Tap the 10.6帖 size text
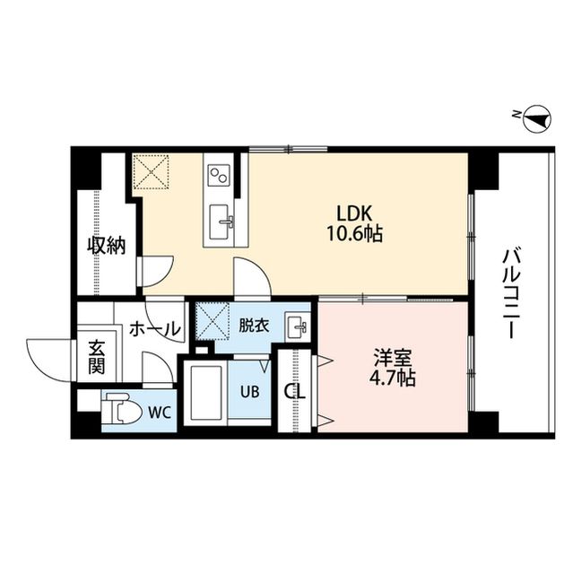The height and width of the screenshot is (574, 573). coord(359,234)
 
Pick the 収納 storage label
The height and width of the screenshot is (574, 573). coord(106,246)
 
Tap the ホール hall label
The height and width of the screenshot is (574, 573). coord(154,330)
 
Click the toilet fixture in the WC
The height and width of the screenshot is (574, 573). coord(121,411)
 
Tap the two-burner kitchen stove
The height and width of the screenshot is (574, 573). coord(220,174)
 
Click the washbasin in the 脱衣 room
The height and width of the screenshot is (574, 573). coord(296,326)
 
